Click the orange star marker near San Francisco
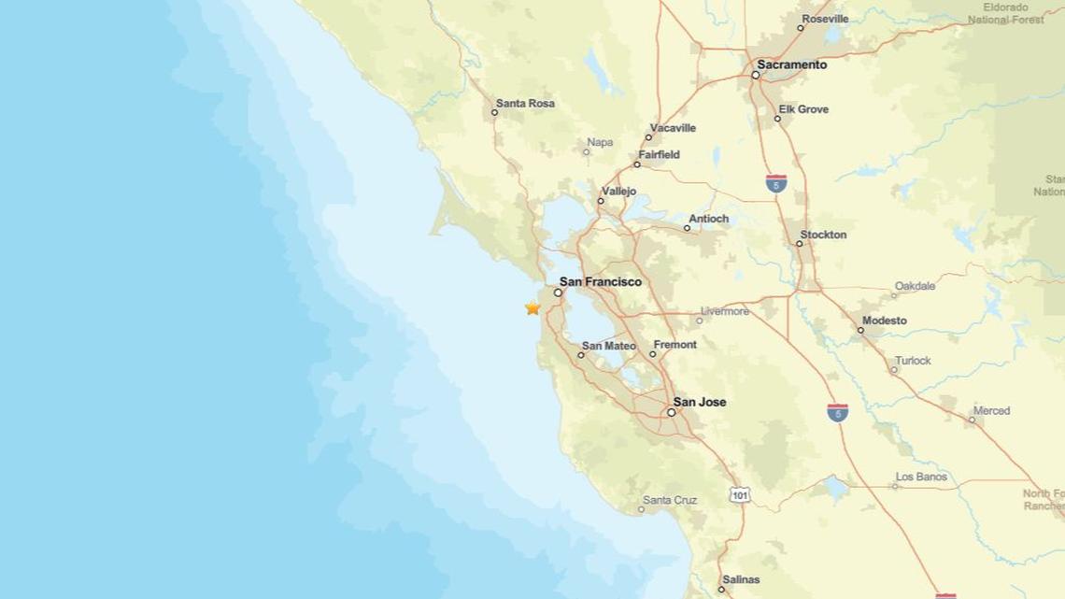(x=532, y=307)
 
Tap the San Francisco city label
(x=600, y=281)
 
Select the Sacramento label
(x=792, y=65)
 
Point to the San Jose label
(x=700, y=403)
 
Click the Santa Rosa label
(x=525, y=104)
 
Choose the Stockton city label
(x=823, y=235)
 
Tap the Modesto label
(x=884, y=321)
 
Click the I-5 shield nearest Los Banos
(x=837, y=411)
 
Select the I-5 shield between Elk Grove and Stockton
(x=774, y=183)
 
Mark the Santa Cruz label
(x=670, y=500)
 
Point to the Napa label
(x=600, y=142)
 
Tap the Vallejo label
(x=619, y=192)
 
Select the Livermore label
(x=725, y=311)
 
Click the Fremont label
(x=674, y=345)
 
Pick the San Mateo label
(x=608, y=346)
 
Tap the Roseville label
(x=826, y=19)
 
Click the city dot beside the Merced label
(x=972, y=421)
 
